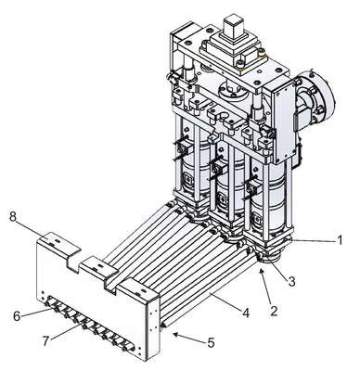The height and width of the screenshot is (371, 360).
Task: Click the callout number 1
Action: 340,240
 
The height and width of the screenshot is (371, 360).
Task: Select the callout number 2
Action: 274,311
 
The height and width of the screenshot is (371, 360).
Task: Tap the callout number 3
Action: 291,281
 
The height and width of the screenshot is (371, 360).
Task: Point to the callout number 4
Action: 246,313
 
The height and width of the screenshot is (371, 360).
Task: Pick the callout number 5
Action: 212,342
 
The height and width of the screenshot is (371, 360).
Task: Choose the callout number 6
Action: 17,316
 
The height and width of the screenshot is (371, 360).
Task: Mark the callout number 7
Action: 46,341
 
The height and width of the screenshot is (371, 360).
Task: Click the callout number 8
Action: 13,217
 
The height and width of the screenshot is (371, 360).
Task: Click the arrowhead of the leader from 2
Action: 263,271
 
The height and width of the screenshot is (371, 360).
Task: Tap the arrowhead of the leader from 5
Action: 175,334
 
